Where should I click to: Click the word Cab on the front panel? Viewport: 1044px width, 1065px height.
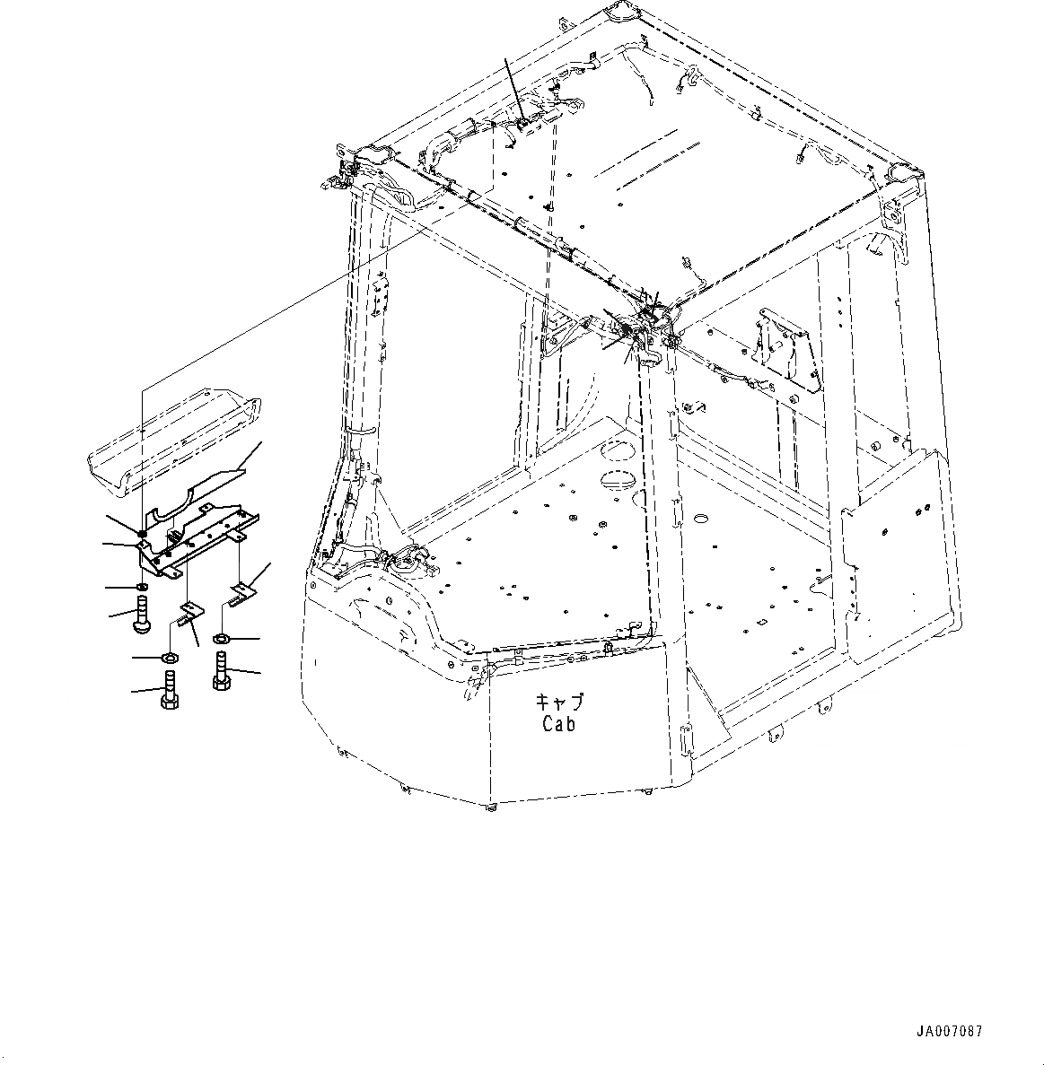tap(557, 723)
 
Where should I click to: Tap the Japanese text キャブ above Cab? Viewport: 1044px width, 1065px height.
tap(557, 702)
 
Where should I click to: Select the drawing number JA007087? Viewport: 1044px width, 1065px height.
tap(949, 1032)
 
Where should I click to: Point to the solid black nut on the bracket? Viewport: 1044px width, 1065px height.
tap(143, 535)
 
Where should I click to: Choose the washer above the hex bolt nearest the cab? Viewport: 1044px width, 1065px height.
tap(221, 640)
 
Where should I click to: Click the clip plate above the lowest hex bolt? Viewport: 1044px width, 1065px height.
tap(190, 612)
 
